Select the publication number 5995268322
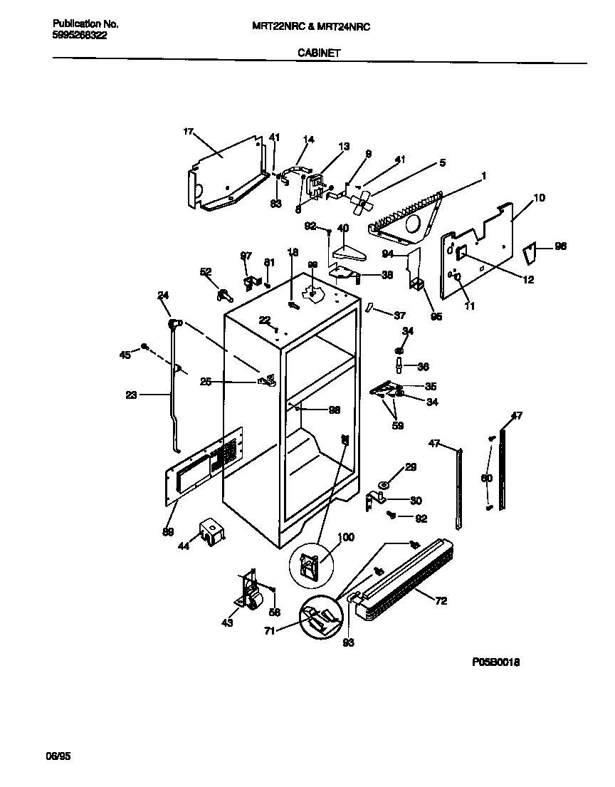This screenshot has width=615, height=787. coord(80,35)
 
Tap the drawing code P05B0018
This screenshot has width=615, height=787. coord(495,662)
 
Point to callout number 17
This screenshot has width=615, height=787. coord(188,132)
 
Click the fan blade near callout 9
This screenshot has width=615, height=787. coord(362,202)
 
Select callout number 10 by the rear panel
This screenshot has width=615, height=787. coord(539,197)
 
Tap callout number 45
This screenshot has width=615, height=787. coord(125,354)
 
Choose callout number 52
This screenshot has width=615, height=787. coord(206,271)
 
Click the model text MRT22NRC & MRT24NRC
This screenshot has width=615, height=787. coord(311,26)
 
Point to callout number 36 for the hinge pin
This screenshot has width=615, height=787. coord(423,367)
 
